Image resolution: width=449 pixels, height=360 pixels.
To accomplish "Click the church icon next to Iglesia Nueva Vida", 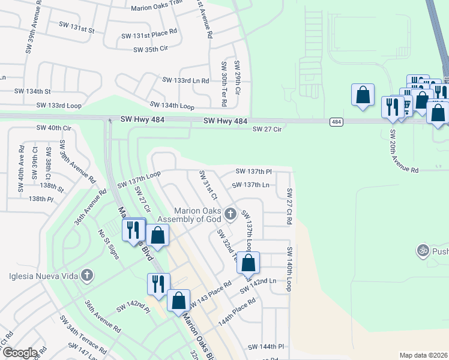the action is coord(88,276).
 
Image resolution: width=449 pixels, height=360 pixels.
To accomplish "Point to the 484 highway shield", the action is coord(337,122).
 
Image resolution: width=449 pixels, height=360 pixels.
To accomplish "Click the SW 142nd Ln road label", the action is coord(258,285).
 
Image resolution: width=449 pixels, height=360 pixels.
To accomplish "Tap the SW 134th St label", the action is coord(33,91).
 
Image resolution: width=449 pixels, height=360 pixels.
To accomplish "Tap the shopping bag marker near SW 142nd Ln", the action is coord(248,263).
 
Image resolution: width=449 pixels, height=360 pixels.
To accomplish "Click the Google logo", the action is coord(20,353).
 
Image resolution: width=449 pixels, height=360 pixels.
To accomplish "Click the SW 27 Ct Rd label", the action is coord(289,206).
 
